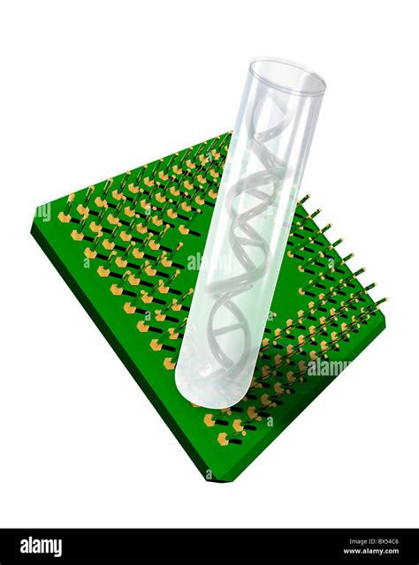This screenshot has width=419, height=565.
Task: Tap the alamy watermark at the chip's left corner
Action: tap(42, 212)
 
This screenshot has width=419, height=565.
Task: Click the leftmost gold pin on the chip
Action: tap(65, 216)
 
